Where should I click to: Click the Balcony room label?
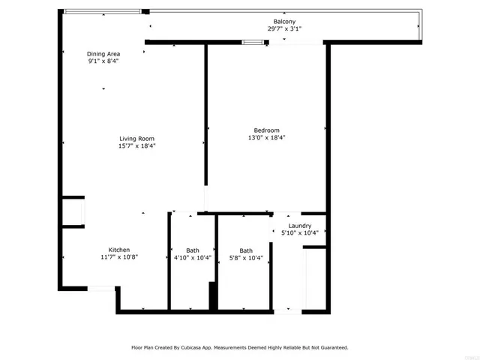pyautogui.click(x=284, y=22)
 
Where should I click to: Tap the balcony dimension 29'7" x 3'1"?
pyautogui.click(x=284, y=29)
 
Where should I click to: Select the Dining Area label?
pyautogui.click(x=104, y=54)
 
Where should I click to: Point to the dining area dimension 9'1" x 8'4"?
pyautogui.click(x=104, y=61)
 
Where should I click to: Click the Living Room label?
pyautogui.click(x=136, y=138)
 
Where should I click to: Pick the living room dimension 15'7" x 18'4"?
pyautogui.click(x=136, y=145)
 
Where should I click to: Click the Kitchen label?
pyautogui.click(x=119, y=250)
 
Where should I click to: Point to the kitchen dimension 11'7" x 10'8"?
pyautogui.click(x=119, y=257)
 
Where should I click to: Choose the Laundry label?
pyautogui.click(x=299, y=226)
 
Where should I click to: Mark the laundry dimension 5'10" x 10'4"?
pyautogui.click(x=299, y=233)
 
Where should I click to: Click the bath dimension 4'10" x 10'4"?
pyautogui.click(x=193, y=258)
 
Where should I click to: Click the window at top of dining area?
pyautogui.click(x=102, y=11)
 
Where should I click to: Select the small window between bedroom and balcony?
pyautogui.click(x=253, y=42)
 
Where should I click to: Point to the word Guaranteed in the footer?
pyautogui.click(x=331, y=348)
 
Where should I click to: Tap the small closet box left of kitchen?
pyautogui.click(x=73, y=212)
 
